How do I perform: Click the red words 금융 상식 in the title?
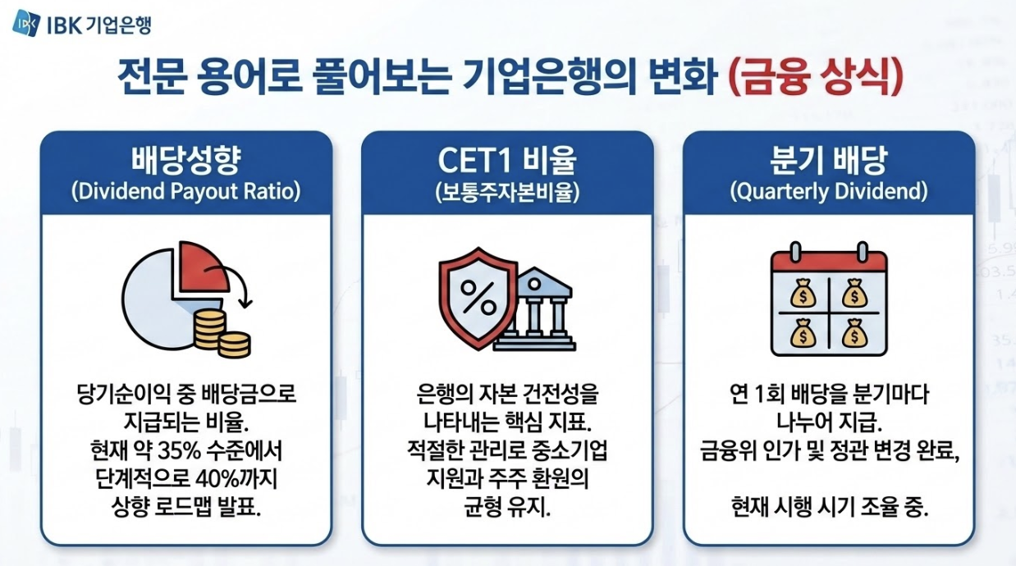[x=816, y=80]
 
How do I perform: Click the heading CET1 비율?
[x=507, y=161]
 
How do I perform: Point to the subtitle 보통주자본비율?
[x=507, y=192]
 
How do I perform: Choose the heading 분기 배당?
[x=829, y=161]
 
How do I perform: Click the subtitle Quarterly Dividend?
[x=829, y=192]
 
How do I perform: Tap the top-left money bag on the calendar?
[x=801, y=290]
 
